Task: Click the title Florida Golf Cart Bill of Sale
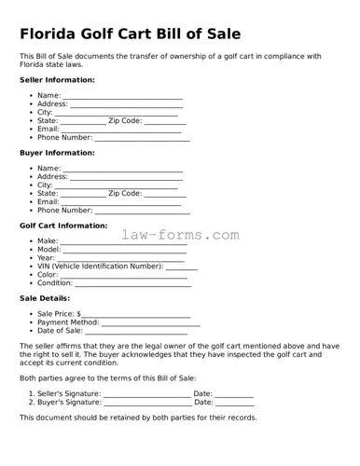point(131,34)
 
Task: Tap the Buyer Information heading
point(57,152)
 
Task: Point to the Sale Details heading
point(45,298)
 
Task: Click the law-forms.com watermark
point(180,236)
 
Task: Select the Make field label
point(48,241)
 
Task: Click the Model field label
point(49,250)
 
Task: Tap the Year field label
point(47,258)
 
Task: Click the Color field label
point(48,275)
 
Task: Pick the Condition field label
point(55,283)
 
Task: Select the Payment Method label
point(67,322)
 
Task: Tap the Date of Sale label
point(60,331)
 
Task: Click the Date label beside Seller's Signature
point(202,393)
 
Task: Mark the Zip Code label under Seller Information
point(125,121)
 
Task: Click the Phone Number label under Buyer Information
point(64,211)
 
